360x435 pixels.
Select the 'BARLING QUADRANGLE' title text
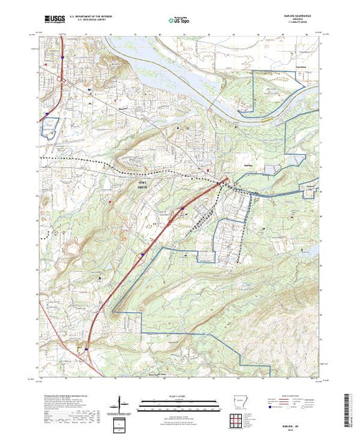point(294,15)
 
